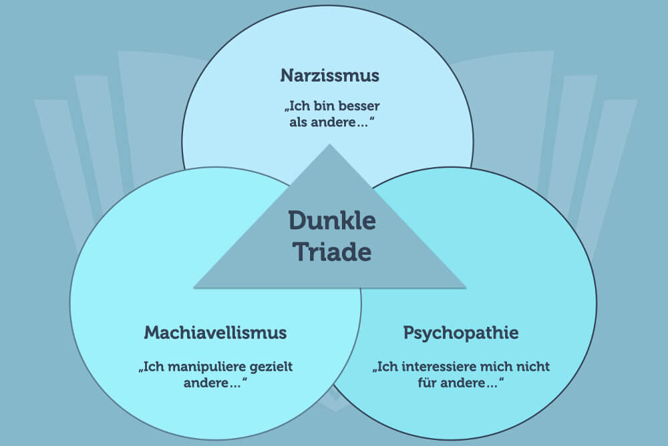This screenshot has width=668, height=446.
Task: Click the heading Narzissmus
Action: (329, 76)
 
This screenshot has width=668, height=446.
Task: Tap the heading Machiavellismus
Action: (215, 332)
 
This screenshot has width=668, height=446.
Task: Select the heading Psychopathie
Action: (460, 332)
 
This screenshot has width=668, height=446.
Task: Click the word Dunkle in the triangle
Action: (332, 221)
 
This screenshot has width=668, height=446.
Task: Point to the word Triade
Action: (332, 253)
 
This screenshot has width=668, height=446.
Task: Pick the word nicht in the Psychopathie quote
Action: (532, 367)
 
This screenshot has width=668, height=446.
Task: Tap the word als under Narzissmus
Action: (299, 123)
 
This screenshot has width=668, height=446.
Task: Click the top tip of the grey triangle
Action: (329, 144)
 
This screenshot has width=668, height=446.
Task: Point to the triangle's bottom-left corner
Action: (194, 288)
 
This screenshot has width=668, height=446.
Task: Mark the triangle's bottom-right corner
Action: (466, 288)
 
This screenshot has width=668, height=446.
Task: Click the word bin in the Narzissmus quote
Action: (321, 106)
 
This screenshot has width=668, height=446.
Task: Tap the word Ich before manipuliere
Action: (153, 367)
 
